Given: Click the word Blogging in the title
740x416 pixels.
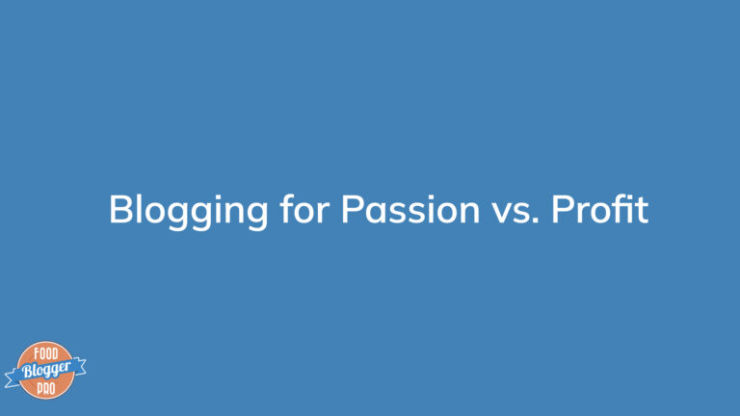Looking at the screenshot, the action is [x=188, y=211].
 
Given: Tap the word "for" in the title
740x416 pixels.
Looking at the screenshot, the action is [x=304, y=208].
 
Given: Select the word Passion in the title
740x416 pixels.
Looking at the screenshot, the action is [x=410, y=209].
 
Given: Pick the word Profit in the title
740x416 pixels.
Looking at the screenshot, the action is [x=600, y=208].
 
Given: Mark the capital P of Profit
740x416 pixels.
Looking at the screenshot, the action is [x=563, y=209].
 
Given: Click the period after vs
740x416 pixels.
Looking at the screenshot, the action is [x=535, y=221].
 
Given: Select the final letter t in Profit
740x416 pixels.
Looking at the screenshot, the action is [x=641, y=210].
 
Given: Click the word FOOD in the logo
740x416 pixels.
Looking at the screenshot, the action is [x=46, y=353].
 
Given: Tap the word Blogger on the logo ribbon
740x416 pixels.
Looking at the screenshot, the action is [x=46, y=370].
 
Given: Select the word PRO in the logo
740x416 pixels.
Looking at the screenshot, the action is [x=46, y=388].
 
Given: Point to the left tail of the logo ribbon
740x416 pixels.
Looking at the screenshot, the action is [x=13, y=378].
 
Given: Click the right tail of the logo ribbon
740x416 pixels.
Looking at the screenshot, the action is [x=79, y=366].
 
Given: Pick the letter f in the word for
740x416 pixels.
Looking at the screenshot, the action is [x=286, y=208].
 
